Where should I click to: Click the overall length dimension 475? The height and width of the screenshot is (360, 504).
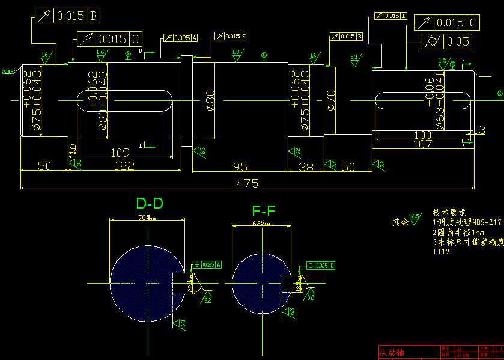coord(243,182)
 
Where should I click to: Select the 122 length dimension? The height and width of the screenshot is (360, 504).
coord(124,165)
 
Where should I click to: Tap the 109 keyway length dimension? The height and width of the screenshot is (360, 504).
coord(121,153)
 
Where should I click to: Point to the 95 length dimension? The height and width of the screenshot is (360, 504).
coord(240,166)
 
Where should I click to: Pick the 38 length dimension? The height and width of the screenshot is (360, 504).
coord(306,166)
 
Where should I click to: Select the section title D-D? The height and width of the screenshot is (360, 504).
coord(150,203)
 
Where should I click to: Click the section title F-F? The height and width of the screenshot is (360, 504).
coord(264,211)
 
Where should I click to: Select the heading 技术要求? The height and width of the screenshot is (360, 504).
coord(449,213)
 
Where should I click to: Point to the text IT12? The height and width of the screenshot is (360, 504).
coord(441,252)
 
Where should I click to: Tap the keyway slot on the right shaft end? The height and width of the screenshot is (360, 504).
coord(422,100)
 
